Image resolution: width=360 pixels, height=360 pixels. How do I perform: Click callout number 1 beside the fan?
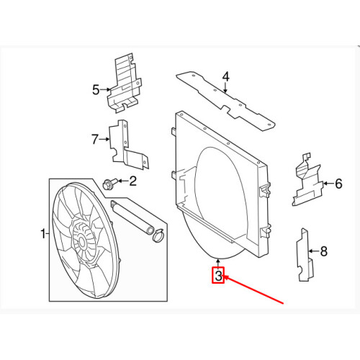[x=42, y=233]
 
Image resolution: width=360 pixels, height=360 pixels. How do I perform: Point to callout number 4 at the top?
[x=225, y=76]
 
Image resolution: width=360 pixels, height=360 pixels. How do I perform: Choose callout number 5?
[x=95, y=90]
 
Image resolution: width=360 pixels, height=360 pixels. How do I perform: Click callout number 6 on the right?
[x=338, y=184]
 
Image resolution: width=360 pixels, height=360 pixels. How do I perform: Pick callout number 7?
[x=94, y=138]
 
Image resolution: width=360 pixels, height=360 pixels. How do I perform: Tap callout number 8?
[x=323, y=251]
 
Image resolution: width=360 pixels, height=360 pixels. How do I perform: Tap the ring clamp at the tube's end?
[x=158, y=233]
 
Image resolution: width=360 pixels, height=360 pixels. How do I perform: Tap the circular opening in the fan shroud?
[x=216, y=187]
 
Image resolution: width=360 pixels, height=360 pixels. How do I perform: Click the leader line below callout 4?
[x=225, y=89]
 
